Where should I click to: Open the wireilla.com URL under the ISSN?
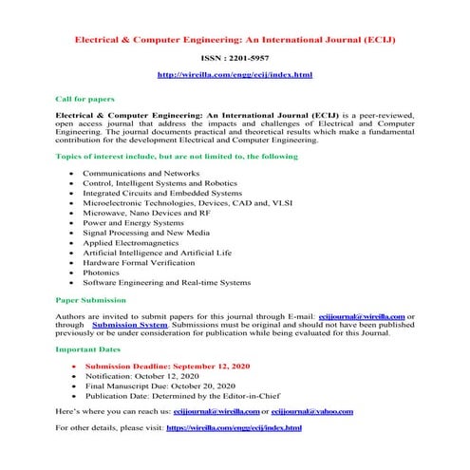click(x=235, y=74)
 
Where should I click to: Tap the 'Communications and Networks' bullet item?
click(x=139, y=174)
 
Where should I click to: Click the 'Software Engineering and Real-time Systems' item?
click(x=167, y=282)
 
